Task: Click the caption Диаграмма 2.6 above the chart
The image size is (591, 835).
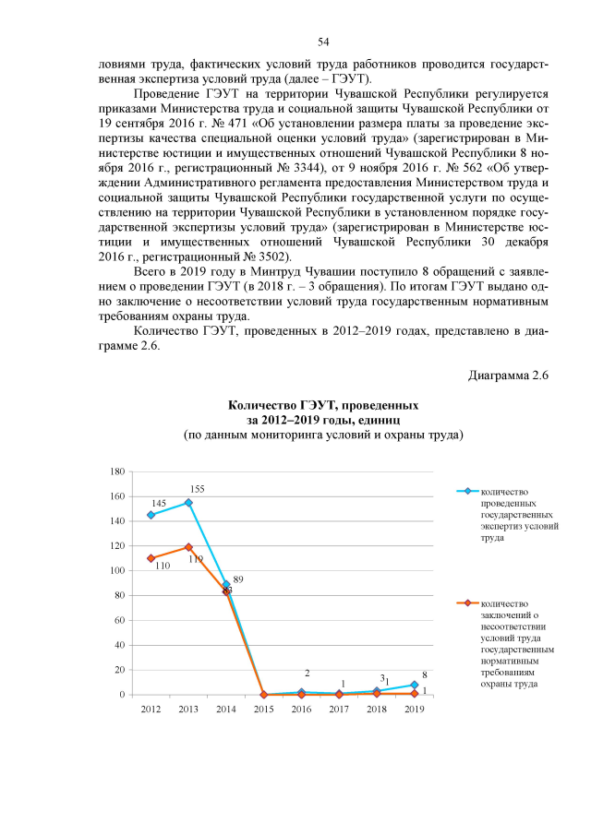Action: coord(508,376)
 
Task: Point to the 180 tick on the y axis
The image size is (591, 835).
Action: coord(117,471)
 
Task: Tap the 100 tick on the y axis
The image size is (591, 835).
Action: coord(117,571)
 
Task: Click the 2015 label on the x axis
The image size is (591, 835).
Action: coord(263,709)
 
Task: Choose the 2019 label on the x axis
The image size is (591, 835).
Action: coord(415,709)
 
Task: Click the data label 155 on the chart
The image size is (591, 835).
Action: coord(197,489)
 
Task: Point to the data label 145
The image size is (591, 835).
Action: coord(159,503)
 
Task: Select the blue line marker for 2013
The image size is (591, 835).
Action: coord(187,503)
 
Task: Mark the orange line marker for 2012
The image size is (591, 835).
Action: coord(150,558)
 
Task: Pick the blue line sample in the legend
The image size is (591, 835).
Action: coord(468,492)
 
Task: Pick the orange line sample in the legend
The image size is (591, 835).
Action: coord(468,603)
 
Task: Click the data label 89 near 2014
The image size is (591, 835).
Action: coord(237,579)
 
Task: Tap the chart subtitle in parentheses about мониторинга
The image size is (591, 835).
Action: coord(322,435)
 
